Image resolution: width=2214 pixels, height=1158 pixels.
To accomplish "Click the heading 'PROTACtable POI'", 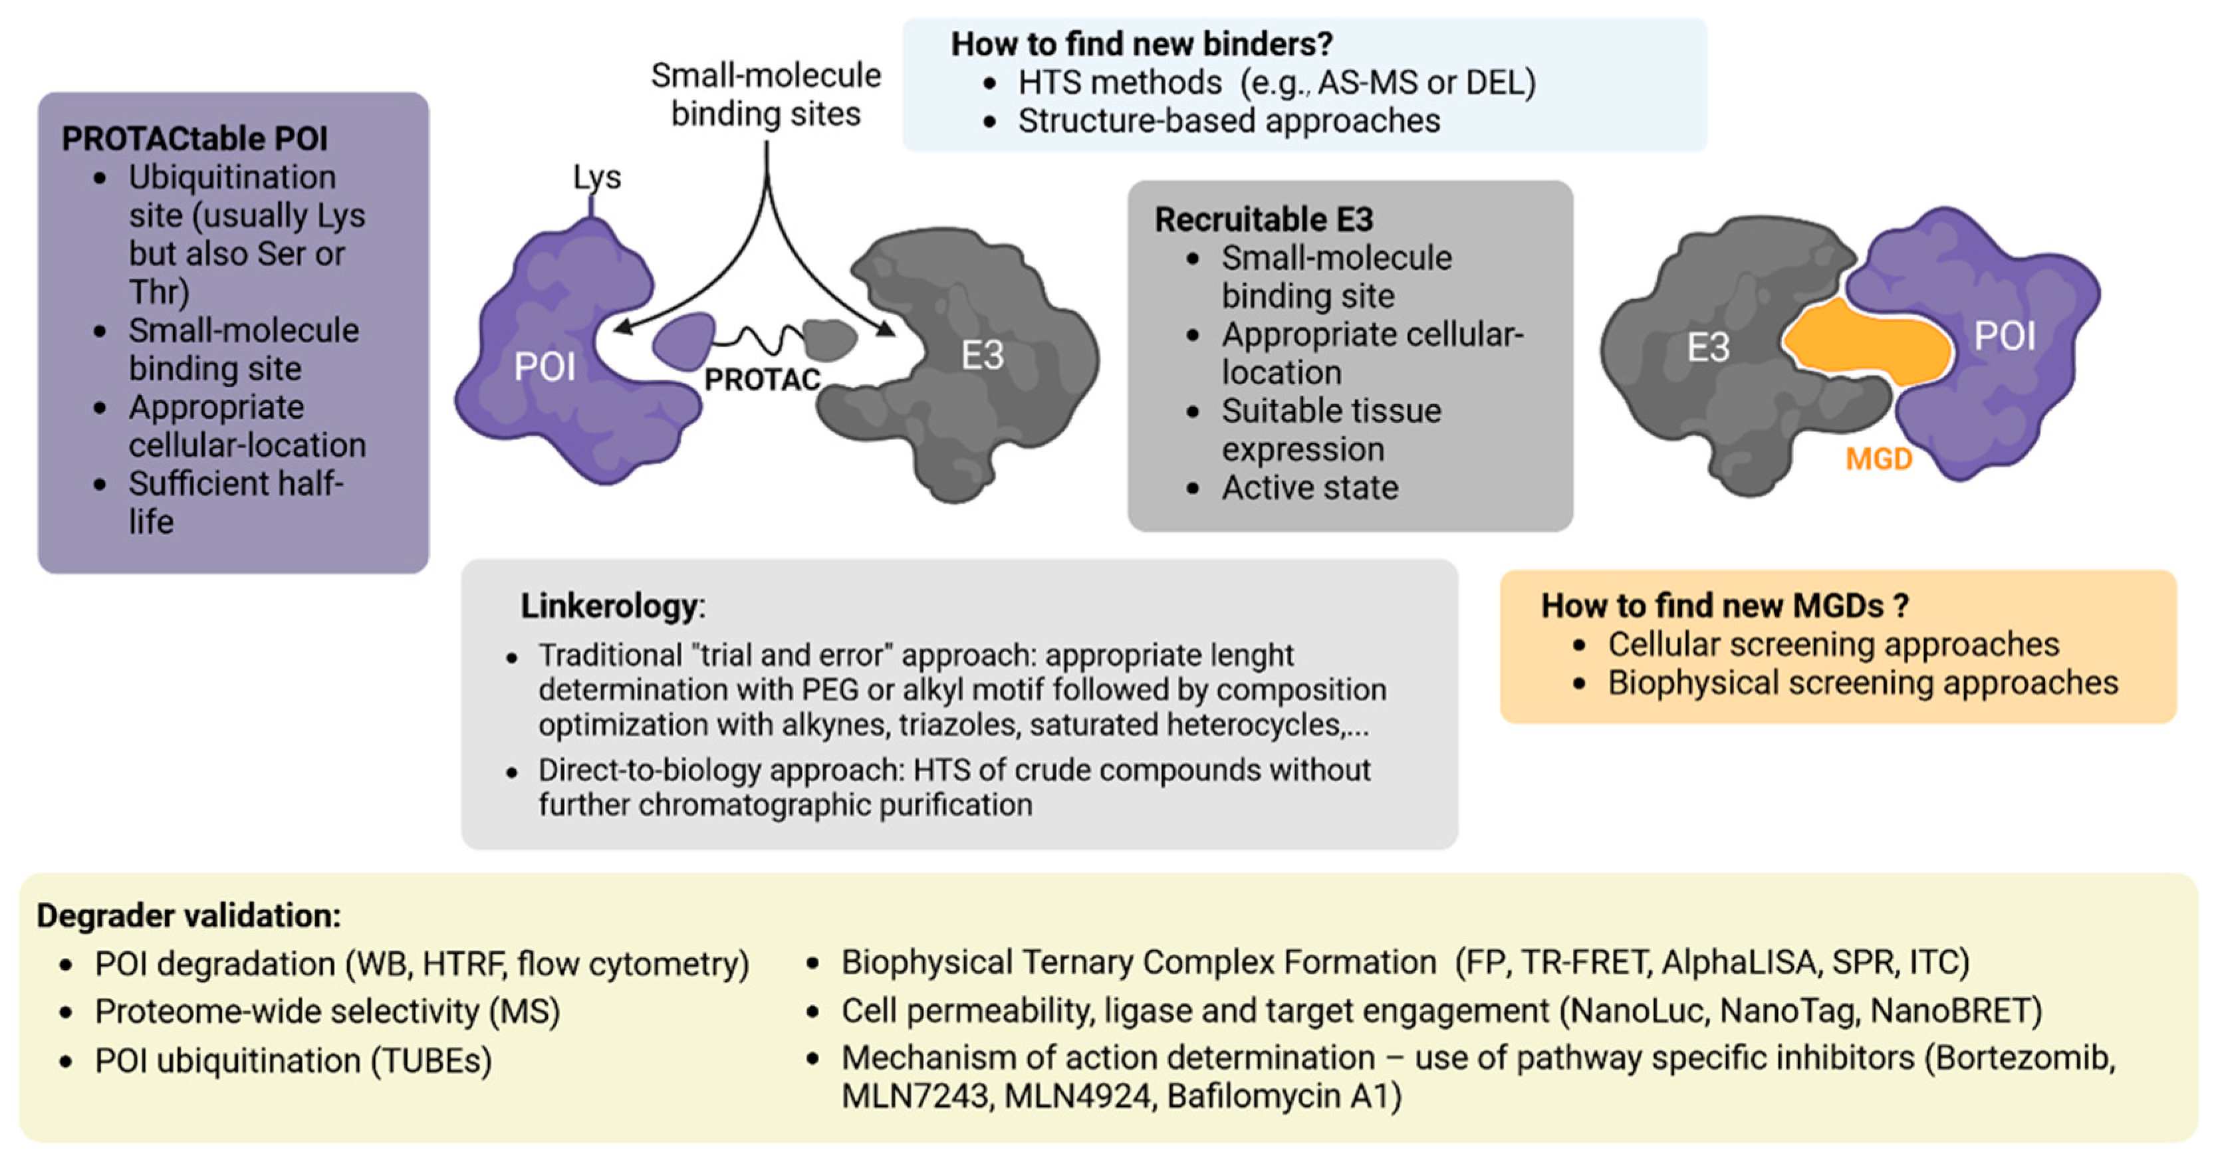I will (194, 138).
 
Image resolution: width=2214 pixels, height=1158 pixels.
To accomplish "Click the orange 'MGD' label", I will (1879, 459).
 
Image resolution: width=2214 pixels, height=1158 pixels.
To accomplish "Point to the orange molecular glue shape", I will (1865, 344).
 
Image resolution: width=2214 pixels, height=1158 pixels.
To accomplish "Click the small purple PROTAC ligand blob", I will (683, 340).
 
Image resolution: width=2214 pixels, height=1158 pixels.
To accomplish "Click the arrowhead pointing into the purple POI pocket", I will (623, 327).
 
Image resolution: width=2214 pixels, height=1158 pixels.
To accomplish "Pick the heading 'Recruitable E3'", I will (1263, 219).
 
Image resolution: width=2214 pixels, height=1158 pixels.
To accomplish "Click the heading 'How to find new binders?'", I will (1142, 44).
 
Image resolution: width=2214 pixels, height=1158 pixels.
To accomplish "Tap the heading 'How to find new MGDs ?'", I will (1724, 606).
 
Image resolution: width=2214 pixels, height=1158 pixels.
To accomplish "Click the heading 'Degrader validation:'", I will (188, 916).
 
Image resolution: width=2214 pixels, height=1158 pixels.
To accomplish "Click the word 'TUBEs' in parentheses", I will (431, 1060).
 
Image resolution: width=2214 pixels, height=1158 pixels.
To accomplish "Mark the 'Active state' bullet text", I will (1310, 487).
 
